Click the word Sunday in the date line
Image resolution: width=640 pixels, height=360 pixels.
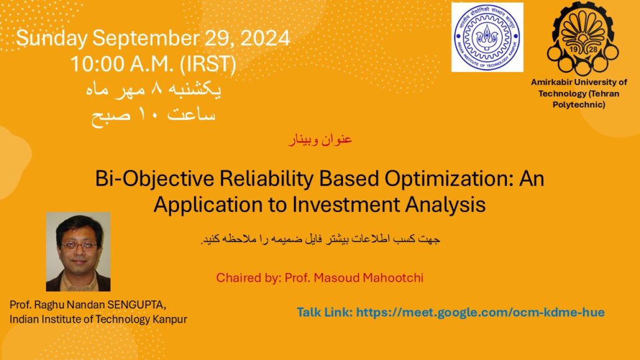pos(52,39)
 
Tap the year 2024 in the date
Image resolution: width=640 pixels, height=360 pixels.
pos(265,38)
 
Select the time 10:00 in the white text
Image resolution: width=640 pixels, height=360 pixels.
pos(97,64)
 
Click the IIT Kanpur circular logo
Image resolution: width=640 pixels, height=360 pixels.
pos(487,37)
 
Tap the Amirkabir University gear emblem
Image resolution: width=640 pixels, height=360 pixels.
pos(582,38)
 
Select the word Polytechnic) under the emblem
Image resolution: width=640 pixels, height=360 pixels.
pos(578,104)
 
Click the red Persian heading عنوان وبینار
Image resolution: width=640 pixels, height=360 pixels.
pos(321,139)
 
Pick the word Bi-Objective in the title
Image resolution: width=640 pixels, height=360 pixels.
pos(154,178)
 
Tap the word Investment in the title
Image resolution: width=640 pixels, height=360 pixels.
pos(345,205)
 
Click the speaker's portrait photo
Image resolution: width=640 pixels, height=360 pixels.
pos(78,252)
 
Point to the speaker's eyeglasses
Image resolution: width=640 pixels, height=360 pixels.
pos(80,246)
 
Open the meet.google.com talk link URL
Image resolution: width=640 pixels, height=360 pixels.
pos(480,313)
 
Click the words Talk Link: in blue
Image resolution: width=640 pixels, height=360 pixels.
pos(324,313)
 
